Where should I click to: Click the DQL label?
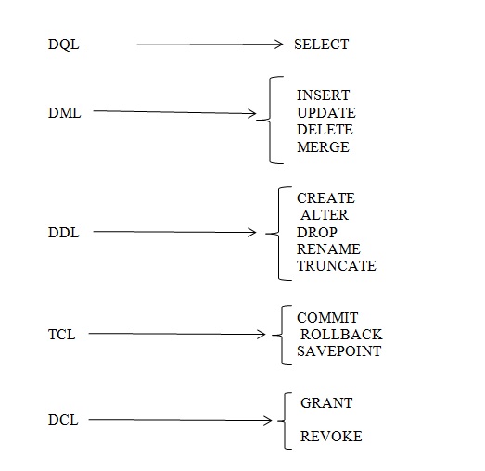point(63,45)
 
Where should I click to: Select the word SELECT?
point(321,45)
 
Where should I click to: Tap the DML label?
point(64,113)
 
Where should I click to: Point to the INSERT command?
point(323,95)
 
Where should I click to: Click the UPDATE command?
point(325,113)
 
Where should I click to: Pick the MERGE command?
point(323,147)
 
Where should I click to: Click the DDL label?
point(63,233)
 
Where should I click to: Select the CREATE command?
point(325,198)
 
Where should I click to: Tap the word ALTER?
point(325,215)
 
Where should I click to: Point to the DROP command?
point(317,232)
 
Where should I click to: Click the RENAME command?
point(328,249)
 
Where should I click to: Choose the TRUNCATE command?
point(336,266)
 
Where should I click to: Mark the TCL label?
point(61,335)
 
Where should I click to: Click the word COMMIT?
point(326,318)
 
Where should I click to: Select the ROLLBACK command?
point(340,335)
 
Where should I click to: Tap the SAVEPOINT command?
point(338,351)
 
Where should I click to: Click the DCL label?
point(63,420)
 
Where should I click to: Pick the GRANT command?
point(326,403)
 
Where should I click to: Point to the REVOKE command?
point(331,437)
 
